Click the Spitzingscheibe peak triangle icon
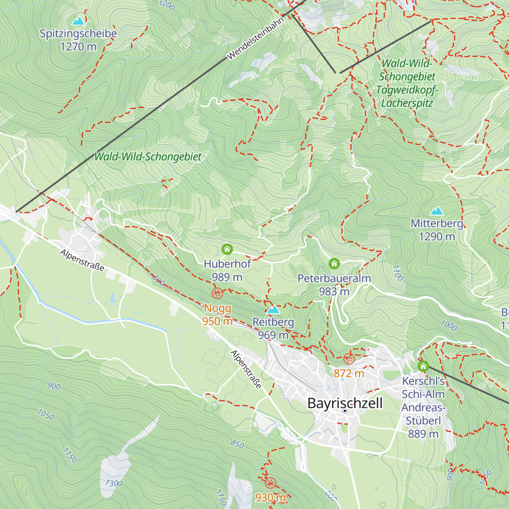78,21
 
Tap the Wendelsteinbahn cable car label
255,39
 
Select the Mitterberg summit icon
436,211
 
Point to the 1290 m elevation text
436,237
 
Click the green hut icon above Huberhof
227,249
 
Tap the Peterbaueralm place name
334,278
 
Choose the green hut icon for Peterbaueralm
334,264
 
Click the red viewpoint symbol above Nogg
217,293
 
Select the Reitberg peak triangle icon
273,309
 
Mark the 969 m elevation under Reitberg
273,335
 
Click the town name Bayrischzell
345,403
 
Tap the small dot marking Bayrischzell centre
345,411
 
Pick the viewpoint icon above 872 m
349,359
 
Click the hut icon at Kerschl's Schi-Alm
423,366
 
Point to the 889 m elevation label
423,434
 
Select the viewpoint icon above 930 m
270,483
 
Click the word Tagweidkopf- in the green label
407,90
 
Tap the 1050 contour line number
46,414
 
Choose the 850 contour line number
238,444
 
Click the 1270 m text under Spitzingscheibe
78,47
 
